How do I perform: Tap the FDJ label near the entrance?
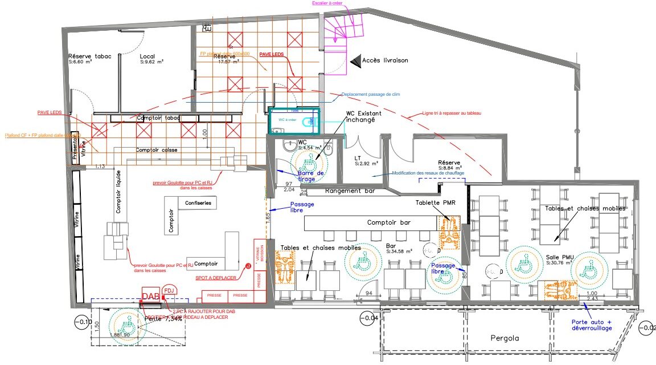(169, 290)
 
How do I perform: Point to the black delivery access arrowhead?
(355, 60)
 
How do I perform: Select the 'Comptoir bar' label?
(389, 222)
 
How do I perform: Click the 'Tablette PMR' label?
(435, 202)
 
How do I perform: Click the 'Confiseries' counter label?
(198, 202)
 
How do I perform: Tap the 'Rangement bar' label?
(350, 191)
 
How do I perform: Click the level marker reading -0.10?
(83, 322)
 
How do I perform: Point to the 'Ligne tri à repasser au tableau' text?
(452, 113)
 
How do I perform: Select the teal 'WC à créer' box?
(294, 120)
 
